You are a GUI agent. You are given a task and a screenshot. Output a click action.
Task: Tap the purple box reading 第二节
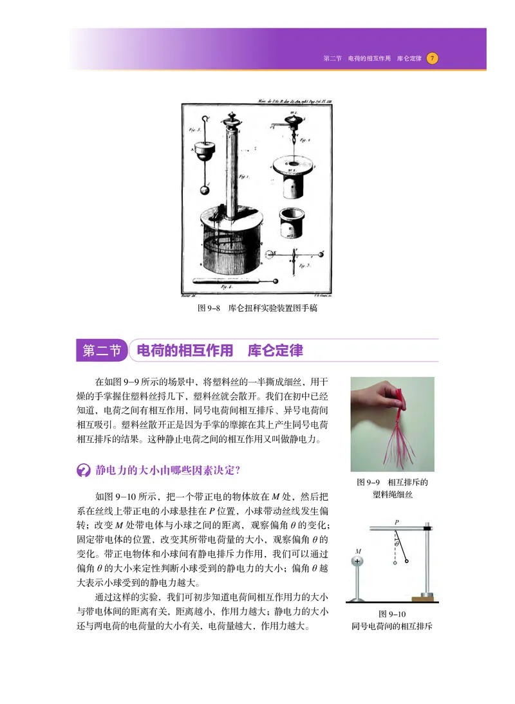click(102, 351)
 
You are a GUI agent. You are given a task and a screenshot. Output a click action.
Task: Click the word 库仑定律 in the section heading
click(275, 351)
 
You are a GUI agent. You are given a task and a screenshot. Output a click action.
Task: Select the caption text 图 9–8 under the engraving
click(210, 308)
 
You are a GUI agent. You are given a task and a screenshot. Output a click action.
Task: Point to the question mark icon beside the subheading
click(83, 470)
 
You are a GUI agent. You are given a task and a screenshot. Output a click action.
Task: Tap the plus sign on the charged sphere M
click(358, 560)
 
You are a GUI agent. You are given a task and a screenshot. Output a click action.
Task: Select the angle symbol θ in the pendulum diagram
click(397, 544)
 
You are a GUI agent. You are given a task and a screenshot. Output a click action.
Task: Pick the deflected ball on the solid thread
click(407, 561)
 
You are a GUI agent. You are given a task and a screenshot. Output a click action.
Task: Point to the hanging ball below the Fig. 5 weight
click(205, 190)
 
